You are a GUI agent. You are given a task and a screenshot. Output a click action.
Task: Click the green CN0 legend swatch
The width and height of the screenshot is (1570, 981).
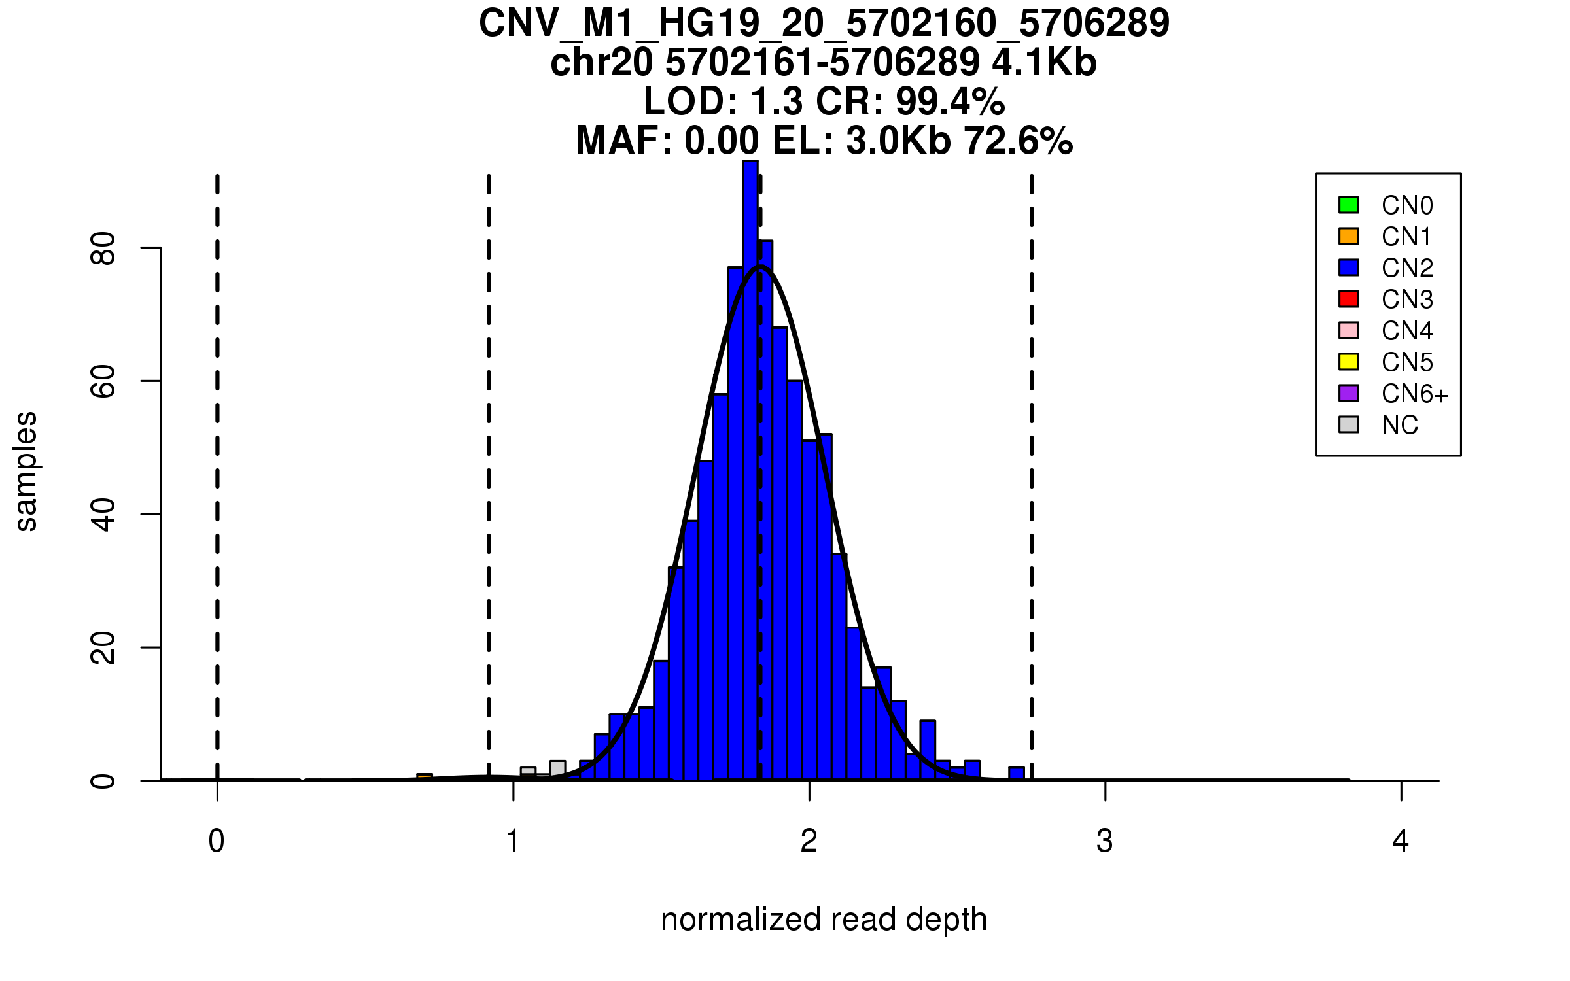[1349, 205]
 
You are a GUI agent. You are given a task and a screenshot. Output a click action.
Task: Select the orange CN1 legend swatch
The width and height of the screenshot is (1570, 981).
[1349, 236]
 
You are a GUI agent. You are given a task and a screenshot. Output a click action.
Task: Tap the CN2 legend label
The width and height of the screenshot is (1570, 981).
[1407, 268]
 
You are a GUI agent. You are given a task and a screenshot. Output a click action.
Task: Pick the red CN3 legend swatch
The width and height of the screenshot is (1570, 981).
[1349, 299]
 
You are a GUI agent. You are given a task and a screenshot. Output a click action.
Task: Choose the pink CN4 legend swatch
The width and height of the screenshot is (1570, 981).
[1349, 330]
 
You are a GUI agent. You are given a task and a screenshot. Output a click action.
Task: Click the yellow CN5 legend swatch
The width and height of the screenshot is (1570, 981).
[1349, 362]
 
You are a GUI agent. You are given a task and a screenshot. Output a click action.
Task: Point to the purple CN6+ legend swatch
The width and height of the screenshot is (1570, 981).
[1349, 393]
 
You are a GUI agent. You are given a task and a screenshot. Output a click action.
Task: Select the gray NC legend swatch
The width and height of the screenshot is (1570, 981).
[1349, 424]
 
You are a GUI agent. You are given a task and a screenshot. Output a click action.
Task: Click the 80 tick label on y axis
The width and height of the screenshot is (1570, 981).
[103, 248]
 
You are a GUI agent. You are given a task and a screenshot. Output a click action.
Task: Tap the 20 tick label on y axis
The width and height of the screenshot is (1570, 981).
[103, 647]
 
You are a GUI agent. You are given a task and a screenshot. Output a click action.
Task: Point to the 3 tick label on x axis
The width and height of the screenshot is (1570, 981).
[1105, 841]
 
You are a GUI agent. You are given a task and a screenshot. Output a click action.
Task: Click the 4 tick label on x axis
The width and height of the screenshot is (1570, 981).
[1401, 841]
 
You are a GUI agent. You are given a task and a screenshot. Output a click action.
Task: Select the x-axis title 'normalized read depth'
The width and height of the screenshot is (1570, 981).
[824, 920]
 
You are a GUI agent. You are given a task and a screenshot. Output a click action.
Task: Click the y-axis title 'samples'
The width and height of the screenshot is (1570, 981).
[26, 471]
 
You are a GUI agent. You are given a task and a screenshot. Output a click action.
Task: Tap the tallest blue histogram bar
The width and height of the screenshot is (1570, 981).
[750, 458]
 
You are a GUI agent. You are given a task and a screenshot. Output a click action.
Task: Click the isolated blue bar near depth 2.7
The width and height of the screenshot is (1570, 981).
[1017, 774]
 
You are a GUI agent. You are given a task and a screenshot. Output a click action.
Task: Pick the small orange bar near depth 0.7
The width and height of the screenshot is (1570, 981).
[425, 777]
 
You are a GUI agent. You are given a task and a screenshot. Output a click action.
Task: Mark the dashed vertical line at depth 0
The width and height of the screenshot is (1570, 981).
[217, 458]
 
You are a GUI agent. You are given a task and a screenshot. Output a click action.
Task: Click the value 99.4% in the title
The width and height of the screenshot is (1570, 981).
[950, 101]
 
